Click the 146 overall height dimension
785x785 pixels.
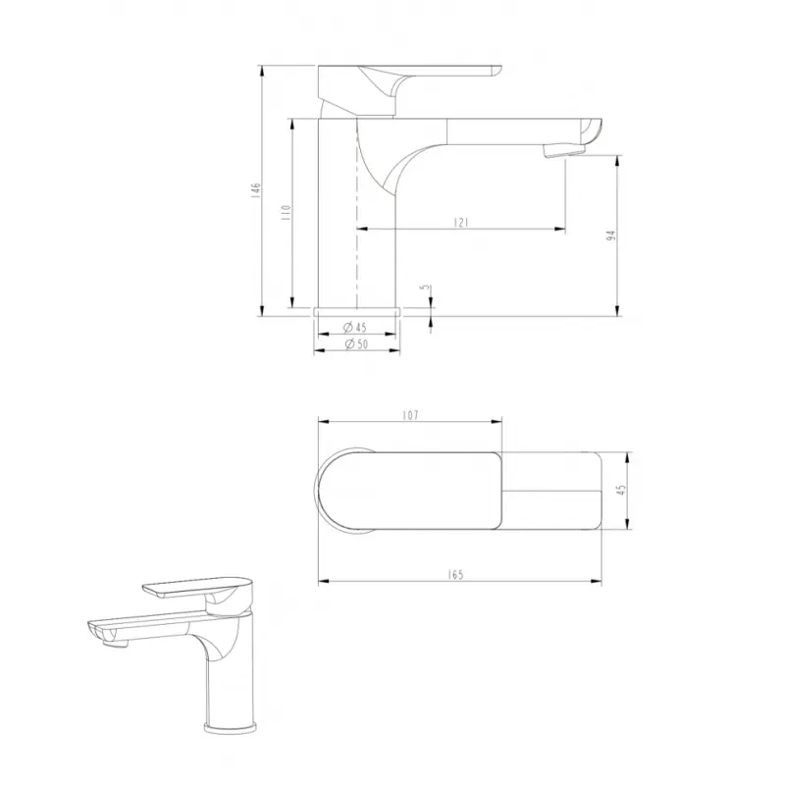click(256, 191)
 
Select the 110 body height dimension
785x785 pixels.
click(286, 213)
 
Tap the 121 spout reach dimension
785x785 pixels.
click(461, 223)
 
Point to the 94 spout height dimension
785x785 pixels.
click(610, 236)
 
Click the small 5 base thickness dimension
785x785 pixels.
click(426, 288)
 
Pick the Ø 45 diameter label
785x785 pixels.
click(355, 328)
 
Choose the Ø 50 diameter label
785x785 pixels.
click(356, 344)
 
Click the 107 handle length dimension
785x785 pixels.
click(410, 415)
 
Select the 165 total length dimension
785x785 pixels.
click(455, 574)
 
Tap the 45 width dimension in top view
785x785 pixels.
click(622, 490)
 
